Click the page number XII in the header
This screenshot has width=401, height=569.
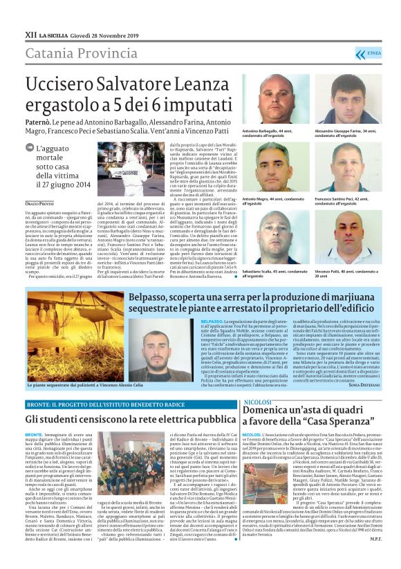coord(30,32)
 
